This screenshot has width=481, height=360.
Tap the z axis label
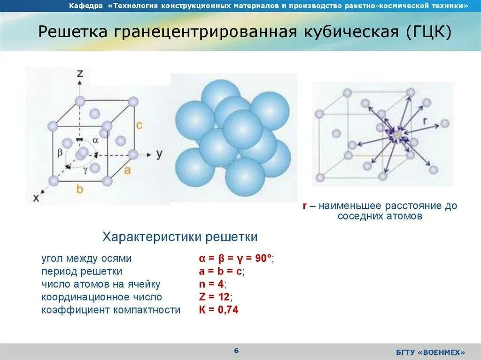80,73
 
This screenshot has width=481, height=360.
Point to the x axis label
36,198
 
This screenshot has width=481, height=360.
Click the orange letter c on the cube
139,125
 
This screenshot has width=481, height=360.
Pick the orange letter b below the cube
80,189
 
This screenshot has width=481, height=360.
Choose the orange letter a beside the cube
127,170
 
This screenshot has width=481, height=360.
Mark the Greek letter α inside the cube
95,140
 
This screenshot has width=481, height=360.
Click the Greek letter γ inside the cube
85,170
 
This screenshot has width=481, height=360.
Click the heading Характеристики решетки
180,237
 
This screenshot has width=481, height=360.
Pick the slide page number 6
236,351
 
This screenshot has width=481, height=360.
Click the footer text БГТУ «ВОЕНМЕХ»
430,352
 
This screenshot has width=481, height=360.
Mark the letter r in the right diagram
425,121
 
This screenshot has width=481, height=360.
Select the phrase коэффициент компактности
111,310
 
